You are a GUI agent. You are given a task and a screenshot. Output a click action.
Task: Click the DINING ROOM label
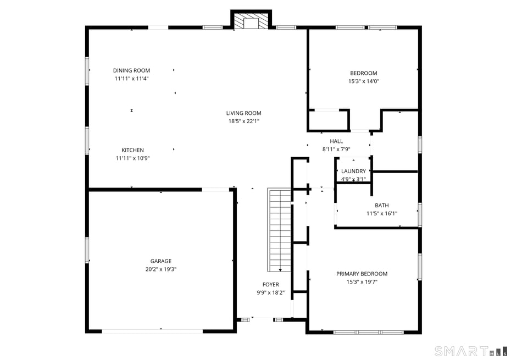pyautogui.click(x=131, y=70)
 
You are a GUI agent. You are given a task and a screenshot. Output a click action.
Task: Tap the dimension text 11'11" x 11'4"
pyautogui.click(x=131, y=79)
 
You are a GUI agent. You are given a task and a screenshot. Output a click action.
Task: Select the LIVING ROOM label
pyautogui.click(x=243, y=113)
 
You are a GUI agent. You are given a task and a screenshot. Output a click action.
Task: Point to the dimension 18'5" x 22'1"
pyautogui.click(x=243, y=121)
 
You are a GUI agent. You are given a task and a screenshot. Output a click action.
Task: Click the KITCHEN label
pyautogui.click(x=132, y=150)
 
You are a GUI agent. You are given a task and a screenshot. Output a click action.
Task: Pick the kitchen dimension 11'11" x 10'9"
pyautogui.click(x=132, y=158)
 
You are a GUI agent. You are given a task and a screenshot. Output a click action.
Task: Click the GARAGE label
pyautogui.click(x=161, y=261)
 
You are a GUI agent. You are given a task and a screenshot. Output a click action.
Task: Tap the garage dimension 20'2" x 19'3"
pyautogui.click(x=161, y=269)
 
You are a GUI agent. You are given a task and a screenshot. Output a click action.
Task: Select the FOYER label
pyautogui.click(x=270, y=285)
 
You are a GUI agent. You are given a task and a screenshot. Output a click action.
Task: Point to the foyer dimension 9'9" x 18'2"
pyautogui.click(x=270, y=293)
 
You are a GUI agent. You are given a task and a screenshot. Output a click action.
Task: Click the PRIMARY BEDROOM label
pyautogui.click(x=362, y=274)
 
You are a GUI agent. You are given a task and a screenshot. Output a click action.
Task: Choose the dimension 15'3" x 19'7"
pyautogui.click(x=362, y=282)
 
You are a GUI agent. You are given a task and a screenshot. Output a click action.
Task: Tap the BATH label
pyautogui.click(x=381, y=206)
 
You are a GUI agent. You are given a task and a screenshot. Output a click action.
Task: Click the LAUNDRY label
pyautogui.click(x=353, y=171)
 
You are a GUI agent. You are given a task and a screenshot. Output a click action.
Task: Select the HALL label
pyautogui.click(x=336, y=141)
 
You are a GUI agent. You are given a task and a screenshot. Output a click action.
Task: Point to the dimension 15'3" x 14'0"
pyautogui.click(x=364, y=81)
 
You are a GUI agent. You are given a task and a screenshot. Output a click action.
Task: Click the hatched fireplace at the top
pyautogui.click(x=251, y=21)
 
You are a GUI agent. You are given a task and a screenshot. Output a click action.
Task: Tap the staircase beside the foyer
pyautogui.click(x=279, y=230)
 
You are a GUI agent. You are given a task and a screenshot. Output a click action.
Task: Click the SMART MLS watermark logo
pyautogui.click(x=470, y=351)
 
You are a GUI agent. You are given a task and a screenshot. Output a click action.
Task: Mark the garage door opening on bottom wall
pyautogui.click(x=153, y=331)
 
